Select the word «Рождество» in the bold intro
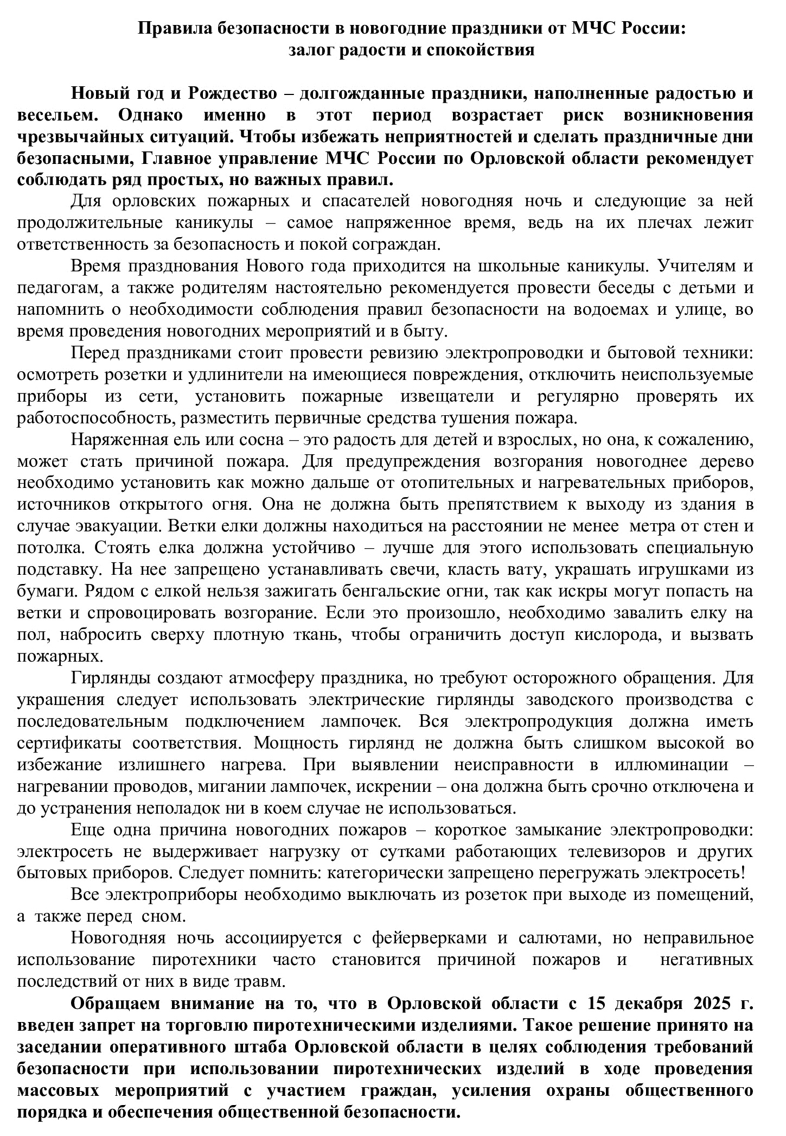tap(232, 93)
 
